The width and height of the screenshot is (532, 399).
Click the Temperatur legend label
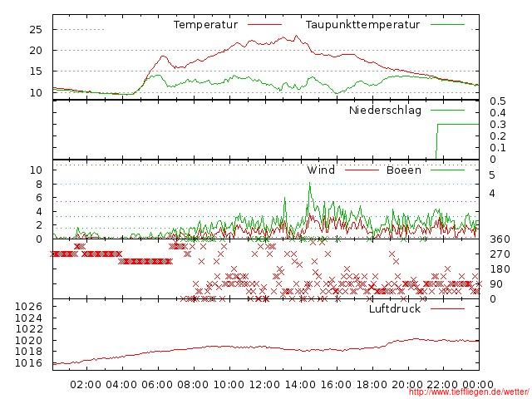[x=205, y=25]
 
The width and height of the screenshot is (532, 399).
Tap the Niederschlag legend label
[x=385, y=111]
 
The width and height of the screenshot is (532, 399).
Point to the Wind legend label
[x=321, y=170]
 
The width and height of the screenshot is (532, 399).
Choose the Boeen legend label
[x=404, y=170]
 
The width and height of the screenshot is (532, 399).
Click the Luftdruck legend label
[x=395, y=309]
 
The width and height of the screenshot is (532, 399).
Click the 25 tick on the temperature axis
[x=35, y=29]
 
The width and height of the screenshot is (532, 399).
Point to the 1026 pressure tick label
[x=29, y=307]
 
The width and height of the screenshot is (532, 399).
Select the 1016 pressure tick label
[x=29, y=363]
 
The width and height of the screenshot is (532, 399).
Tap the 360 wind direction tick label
[x=499, y=239]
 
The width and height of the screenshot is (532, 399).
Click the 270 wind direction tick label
[x=499, y=254]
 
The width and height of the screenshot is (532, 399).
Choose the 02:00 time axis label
[x=86, y=385]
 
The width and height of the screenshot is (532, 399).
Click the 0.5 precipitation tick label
[x=497, y=101]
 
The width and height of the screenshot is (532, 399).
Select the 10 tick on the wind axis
[x=35, y=170]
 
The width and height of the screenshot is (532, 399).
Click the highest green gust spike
[x=310, y=185]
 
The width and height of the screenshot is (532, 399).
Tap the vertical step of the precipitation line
[x=437, y=141]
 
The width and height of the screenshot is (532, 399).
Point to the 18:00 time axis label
[x=372, y=385]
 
